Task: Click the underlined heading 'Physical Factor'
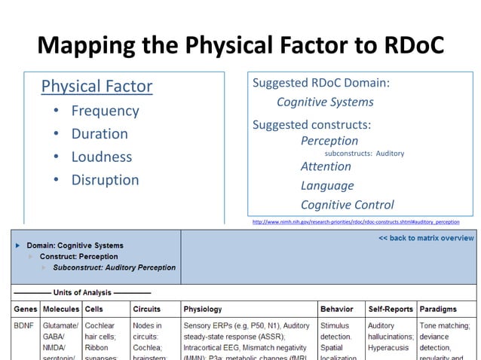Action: pyautogui.click(x=97, y=87)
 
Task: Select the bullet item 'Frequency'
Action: pyautogui.click(x=105, y=111)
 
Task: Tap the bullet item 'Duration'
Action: pyautogui.click(x=100, y=134)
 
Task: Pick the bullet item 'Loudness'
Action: pyautogui.click(x=101, y=157)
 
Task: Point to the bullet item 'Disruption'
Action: pyautogui.click(x=105, y=180)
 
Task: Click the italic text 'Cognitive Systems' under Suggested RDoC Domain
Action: pyautogui.click(x=325, y=102)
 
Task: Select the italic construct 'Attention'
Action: pyautogui.click(x=326, y=166)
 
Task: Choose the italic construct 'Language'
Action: pyautogui.click(x=327, y=185)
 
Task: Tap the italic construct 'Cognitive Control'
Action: pyautogui.click(x=347, y=205)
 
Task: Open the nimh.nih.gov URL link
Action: pyautogui.click(x=355, y=222)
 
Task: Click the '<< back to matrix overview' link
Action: pyautogui.click(x=426, y=239)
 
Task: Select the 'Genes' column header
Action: pyautogui.click(x=26, y=309)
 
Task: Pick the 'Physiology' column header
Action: pyautogui.click(x=202, y=309)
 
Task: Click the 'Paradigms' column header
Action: pyautogui.click(x=438, y=309)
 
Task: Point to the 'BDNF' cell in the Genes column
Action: pyautogui.click(x=24, y=326)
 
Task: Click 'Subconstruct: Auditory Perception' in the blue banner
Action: pyautogui.click(x=114, y=267)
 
